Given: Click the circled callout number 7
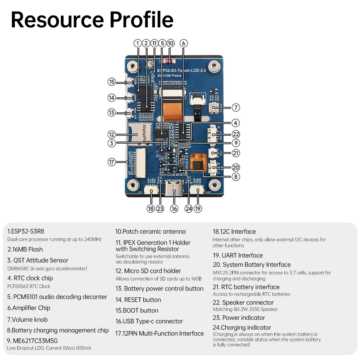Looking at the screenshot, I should coord(236,107).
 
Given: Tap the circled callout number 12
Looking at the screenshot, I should coord(112,134).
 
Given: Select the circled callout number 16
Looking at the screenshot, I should coord(174,208).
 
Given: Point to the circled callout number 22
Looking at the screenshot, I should coord(236,134).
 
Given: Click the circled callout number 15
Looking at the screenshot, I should coord(112,82).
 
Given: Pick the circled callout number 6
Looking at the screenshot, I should coord(183,43).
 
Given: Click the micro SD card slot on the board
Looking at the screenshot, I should coord(140,132).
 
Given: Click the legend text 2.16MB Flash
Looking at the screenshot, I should coord(25,249).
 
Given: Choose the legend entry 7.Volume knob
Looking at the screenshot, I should coord(27,319).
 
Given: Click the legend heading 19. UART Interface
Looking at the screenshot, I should coord(238,255).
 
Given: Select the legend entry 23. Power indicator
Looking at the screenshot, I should coord(239,318).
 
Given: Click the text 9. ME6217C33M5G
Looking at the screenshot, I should coord(32,341).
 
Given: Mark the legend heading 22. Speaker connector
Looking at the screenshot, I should coord(243,302).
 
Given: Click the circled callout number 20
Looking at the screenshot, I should coord(236,167).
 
